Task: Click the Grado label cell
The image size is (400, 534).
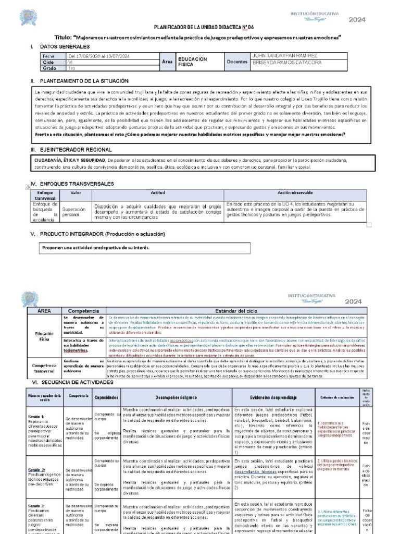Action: pyautogui.click(x=49, y=68)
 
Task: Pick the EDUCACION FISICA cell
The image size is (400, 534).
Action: pyautogui.click(x=192, y=62)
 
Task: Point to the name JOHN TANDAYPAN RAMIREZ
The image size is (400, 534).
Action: pyautogui.click(x=284, y=56)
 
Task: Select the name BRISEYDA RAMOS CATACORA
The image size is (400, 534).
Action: pyautogui.click(x=286, y=63)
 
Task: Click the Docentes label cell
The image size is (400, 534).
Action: pyautogui.click(x=237, y=62)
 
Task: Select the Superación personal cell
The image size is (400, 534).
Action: pyautogui.click(x=76, y=211)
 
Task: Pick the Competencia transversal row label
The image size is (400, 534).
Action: pyautogui.click(x=44, y=368)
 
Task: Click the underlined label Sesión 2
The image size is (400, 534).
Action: pyautogui.click(x=37, y=469)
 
